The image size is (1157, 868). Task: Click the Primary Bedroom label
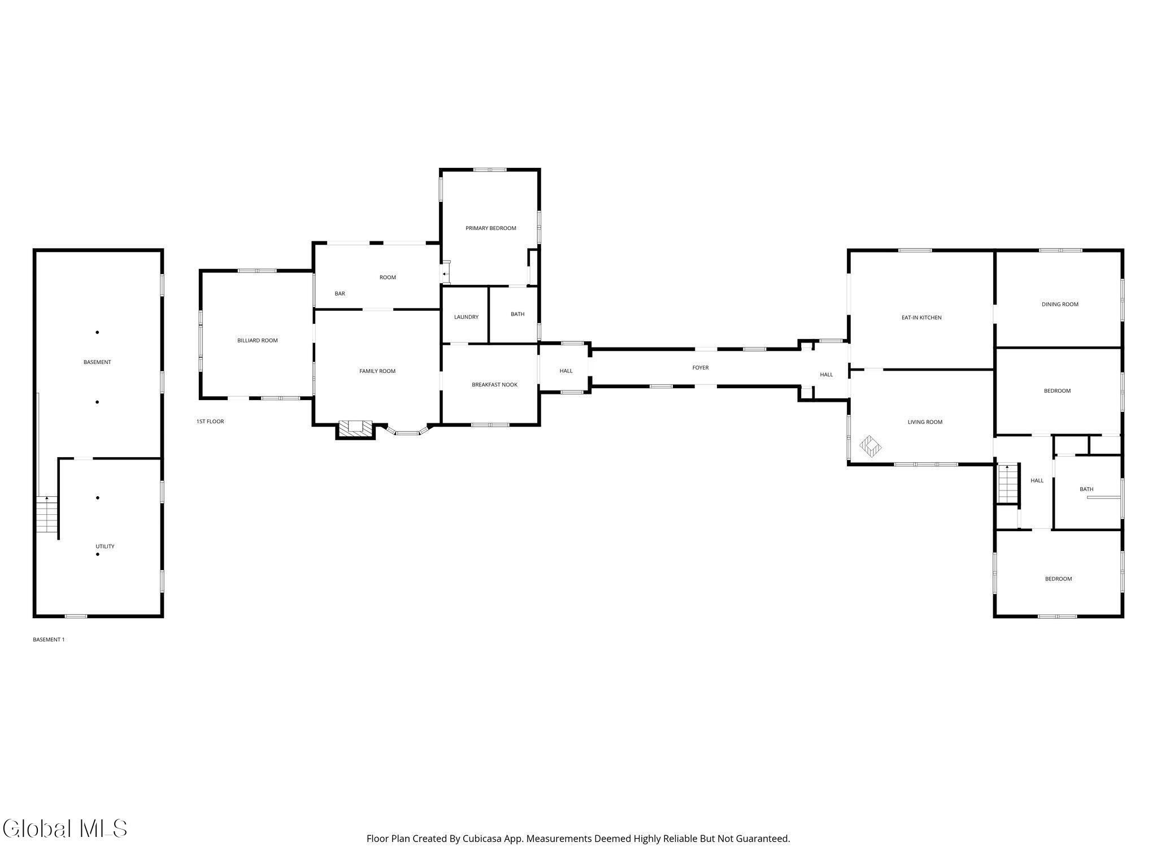click(490, 228)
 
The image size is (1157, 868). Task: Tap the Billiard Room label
click(257, 340)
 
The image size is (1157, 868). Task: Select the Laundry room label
click(466, 317)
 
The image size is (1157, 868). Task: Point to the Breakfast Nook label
click(494, 385)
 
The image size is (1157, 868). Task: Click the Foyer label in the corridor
click(701, 367)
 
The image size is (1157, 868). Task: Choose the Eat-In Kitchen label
click(921, 318)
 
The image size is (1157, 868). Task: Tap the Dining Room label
click(1060, 304)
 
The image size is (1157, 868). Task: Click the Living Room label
click(925, 422)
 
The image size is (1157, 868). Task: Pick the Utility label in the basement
click(105, 546)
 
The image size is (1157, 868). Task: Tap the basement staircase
click(47, 514)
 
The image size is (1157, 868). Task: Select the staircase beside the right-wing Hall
click(1008, 483)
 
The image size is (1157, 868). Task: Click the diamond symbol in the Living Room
click(871, 446)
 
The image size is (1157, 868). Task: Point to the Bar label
click(340, 294)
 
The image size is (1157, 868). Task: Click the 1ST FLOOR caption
click(210, 422)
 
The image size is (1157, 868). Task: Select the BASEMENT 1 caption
click(49, 640)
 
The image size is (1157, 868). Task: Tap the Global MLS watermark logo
click(64, 828)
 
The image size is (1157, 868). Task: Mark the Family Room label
click(377, 371)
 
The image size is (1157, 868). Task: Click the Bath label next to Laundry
click(517, 314)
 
